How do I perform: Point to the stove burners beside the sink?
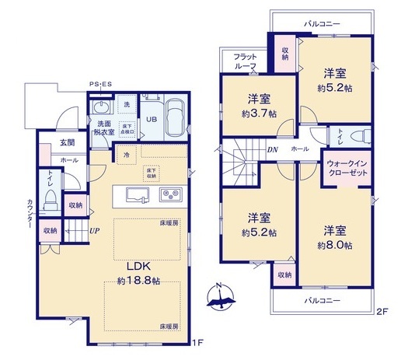(169, 194)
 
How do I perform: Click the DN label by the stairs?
(273, 150)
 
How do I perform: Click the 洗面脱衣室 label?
(104, 128)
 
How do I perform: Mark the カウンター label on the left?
(30, 212)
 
